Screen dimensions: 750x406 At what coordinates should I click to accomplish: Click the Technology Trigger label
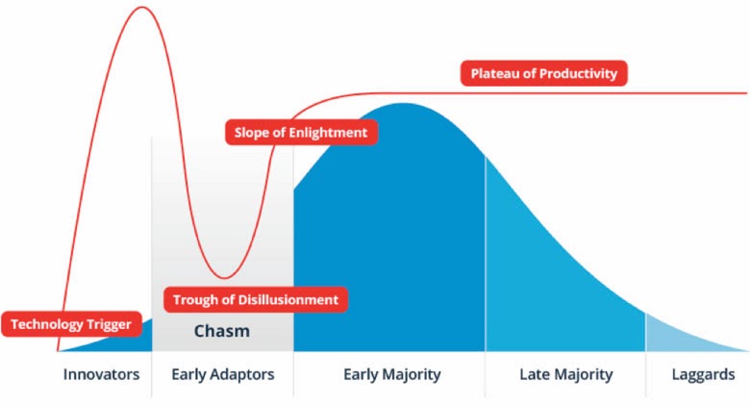(x=71, y=324)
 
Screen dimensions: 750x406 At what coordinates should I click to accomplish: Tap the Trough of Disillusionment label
(x=256, y=300)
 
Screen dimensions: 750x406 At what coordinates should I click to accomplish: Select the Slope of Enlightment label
(x=301, y=132)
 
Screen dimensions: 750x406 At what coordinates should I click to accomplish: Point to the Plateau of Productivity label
(x=544, y=73)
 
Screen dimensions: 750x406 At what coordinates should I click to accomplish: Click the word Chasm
(x=222, y=331)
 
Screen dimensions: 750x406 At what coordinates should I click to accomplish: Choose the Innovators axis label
(x=101, y=374)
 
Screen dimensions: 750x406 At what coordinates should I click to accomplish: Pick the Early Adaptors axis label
(x=223, y=374)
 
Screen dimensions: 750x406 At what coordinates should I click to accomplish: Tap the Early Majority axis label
(x=392, y=374)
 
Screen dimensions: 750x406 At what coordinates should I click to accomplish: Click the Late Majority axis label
(x=566, y=374)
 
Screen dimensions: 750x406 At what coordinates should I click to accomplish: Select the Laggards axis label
(x=703, y=374)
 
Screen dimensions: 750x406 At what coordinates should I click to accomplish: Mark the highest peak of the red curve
(x=142, y=7)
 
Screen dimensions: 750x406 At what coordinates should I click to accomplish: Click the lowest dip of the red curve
(x=224, y=278)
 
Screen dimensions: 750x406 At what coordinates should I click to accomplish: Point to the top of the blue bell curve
(x=403, y=104)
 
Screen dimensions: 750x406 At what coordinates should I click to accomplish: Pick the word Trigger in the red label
(x=110, y=324)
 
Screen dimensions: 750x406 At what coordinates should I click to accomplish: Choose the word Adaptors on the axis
(x=242, y=374)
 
